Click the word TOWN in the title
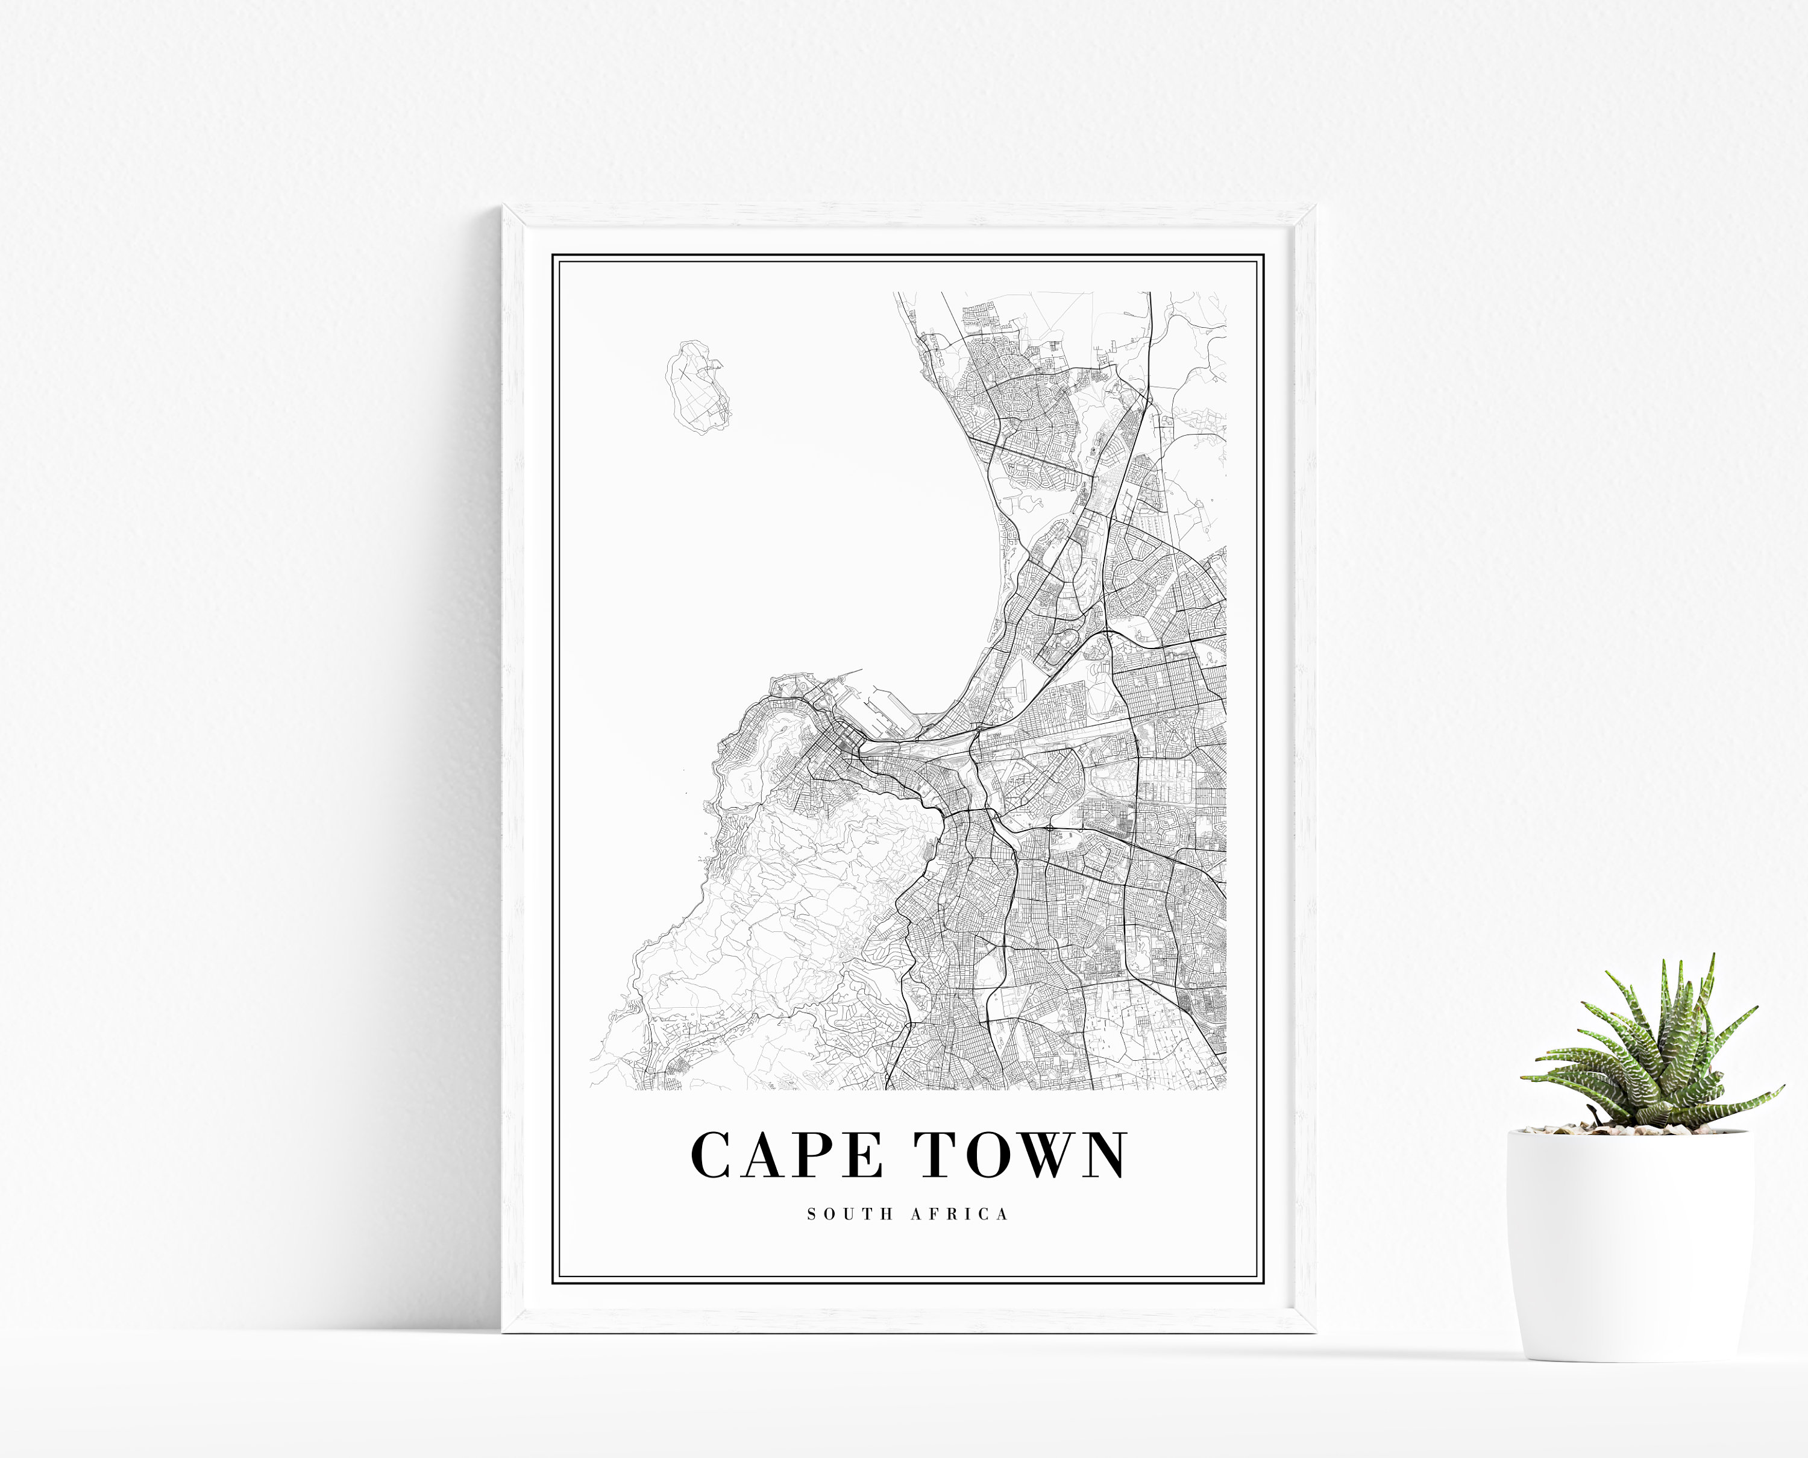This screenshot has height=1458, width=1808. (x=1020, y=1155)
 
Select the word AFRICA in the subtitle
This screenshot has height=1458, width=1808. (x=960, y=1214)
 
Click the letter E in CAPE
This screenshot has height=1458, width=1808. (x=862, y=1155)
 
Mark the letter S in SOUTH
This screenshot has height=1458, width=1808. (x=812, y=1214)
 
